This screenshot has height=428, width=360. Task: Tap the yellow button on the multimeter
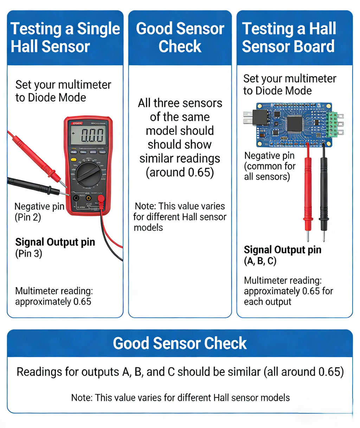coord(73,159)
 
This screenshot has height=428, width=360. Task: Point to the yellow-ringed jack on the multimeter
coord(89,198)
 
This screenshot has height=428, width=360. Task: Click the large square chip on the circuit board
coord(295,124)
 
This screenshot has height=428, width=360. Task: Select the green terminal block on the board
coord(331,124)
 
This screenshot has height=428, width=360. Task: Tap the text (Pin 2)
coord(28,217)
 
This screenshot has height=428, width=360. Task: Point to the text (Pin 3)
coord(28,254)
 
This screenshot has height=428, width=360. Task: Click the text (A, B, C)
coord(260,261)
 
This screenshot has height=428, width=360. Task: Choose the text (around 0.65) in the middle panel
coord(180,173)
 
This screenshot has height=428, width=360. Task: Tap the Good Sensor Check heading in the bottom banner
coord(180,343)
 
